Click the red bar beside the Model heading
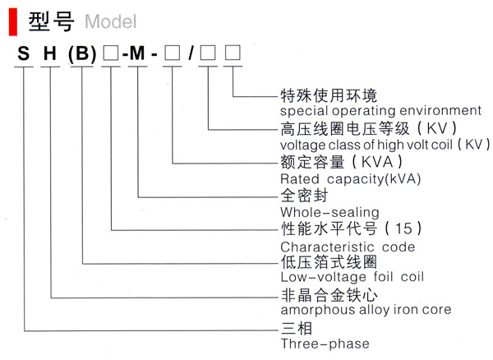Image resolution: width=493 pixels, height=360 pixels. pos(12,20)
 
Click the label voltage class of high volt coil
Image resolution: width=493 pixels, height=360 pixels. pos(380,145)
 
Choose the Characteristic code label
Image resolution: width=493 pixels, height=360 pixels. pos(348,247)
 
